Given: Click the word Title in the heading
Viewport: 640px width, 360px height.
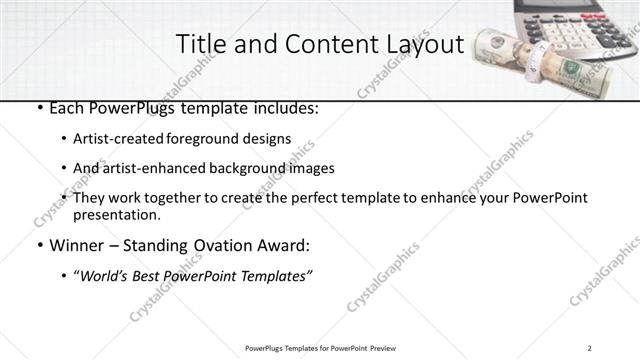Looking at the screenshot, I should coord(198,45).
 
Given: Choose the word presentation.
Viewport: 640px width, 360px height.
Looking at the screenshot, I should coord(116,214).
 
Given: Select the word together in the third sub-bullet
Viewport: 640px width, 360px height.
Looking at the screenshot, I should coord(163,198).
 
